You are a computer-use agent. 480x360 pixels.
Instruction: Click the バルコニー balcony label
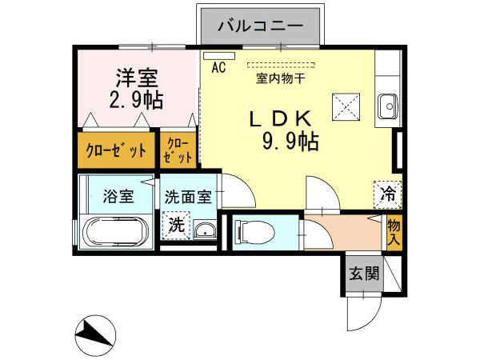click(x=261, y=26)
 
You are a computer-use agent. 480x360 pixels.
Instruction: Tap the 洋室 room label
click(x=137, y=78)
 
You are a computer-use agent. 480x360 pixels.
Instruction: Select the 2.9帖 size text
click(x=137, y=101)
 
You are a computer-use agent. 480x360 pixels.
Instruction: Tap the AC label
click(x=218, y=69)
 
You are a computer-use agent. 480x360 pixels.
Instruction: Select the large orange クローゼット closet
click(x=115, y=150)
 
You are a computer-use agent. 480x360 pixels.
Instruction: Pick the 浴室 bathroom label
click(x=118, y=196)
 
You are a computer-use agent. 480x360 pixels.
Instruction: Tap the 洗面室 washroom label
click(x=188, y=196)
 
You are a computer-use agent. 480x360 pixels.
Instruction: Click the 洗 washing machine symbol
click(x=175, y=226)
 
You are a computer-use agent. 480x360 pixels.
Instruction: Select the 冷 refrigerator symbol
click(x=387, y=192)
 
